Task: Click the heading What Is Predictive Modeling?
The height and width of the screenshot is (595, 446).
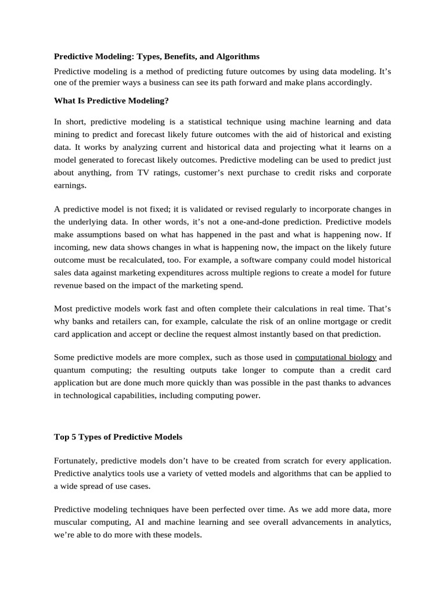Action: (111, 101)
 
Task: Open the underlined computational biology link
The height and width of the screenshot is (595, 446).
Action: (336, 357)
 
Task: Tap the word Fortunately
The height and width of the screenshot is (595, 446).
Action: (75, 460)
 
